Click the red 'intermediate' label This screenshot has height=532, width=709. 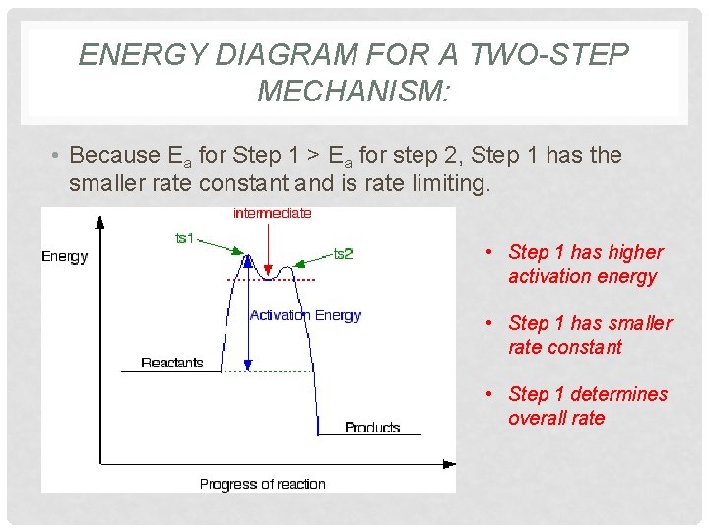272,213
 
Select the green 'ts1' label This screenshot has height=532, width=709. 184,238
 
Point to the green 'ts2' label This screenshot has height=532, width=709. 343,254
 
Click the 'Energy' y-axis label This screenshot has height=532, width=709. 65,257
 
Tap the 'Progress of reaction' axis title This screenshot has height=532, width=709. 262,484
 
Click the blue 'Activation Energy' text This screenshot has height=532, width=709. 305,315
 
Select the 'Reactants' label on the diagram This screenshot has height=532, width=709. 171,363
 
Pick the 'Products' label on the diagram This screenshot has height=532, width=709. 372,428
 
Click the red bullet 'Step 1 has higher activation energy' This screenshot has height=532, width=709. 585,264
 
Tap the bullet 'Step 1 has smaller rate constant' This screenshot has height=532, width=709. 589,335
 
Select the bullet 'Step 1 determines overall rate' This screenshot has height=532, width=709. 587,406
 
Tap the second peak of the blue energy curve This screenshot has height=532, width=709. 288,267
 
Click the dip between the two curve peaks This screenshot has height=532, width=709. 266,279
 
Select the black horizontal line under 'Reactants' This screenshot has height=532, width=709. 169,371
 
